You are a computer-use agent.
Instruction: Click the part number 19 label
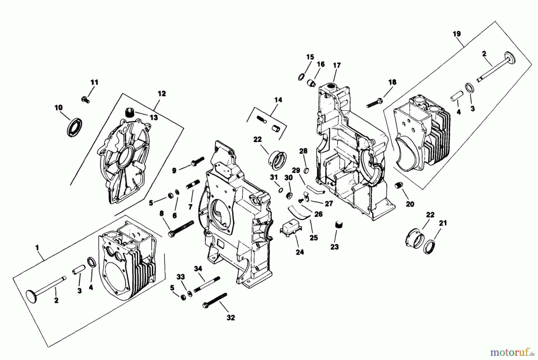[456, 33]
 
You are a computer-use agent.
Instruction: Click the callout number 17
[337, 65]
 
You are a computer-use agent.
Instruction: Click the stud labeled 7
[193, 183]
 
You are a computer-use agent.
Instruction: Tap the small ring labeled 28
[306, 170]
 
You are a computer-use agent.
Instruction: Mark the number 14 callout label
[278, 100]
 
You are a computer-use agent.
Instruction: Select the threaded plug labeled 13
[129, 113]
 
